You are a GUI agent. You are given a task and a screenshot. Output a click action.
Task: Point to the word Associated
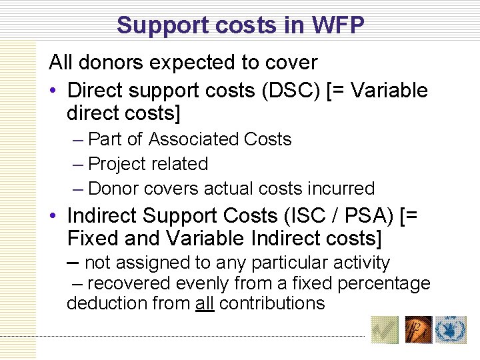coord(194,139)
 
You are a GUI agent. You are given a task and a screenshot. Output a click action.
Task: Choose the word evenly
coord(201,284)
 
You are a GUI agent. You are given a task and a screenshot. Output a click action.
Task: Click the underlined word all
coord(204,304)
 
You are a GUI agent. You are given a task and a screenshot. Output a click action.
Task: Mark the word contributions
coord(271,304)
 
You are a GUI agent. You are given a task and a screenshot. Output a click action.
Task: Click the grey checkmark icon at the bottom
coord(385,329)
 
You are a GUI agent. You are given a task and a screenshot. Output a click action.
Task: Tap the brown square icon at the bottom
coord(419,329)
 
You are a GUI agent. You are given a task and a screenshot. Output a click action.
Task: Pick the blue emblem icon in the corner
coord(451,329)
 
